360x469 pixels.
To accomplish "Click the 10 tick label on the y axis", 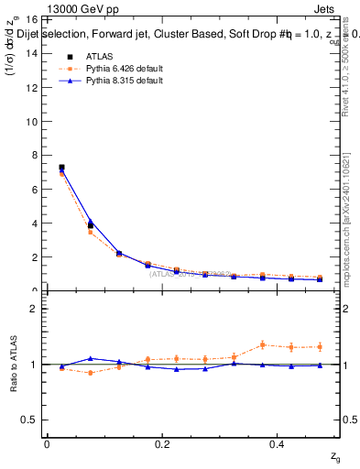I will pos(32,121).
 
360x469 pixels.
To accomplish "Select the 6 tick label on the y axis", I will pos(34,190).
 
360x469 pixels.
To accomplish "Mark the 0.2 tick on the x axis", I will pos(162,442).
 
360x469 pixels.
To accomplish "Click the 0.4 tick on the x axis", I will pos(278,442).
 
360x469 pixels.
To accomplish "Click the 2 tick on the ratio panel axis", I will pos(34,309).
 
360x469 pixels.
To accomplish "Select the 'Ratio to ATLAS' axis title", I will pos(13,364).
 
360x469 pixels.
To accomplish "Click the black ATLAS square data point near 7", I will pos(61,168).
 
